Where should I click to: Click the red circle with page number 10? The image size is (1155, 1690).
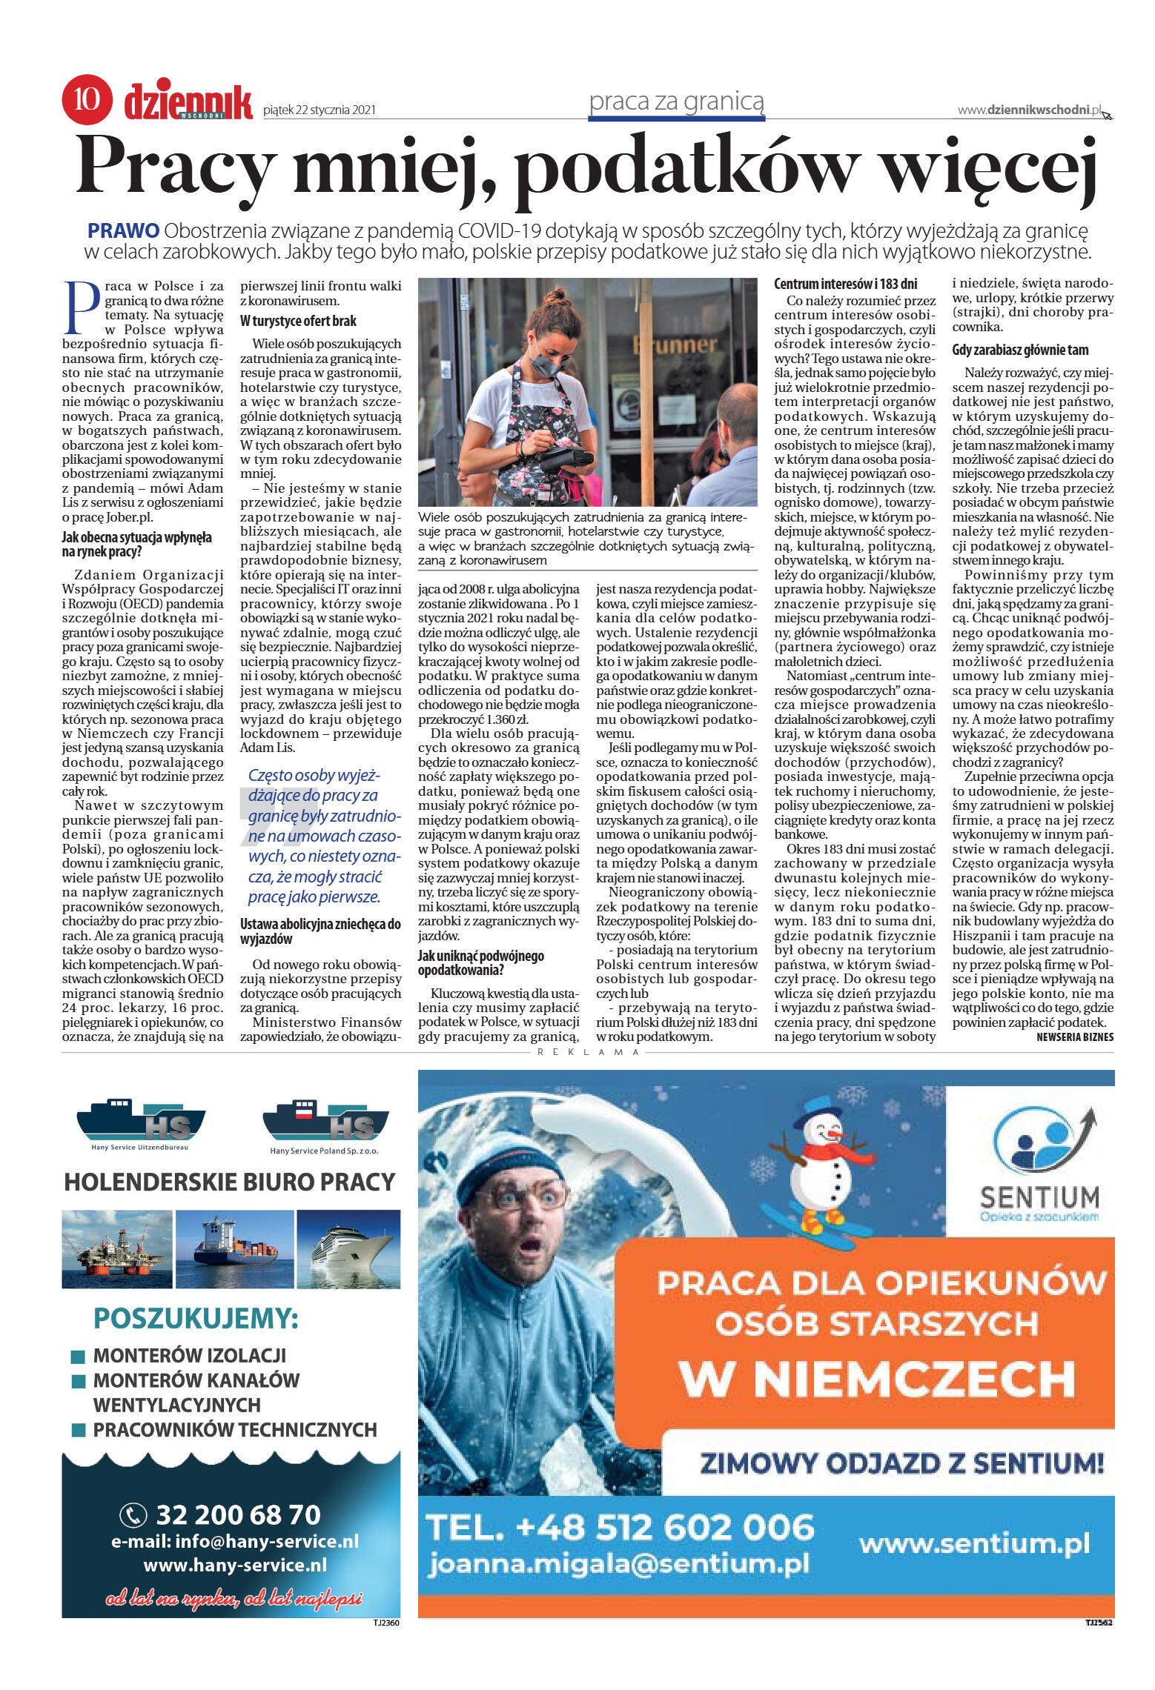click(87, 99)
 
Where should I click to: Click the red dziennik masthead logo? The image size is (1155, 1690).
click(188, 102)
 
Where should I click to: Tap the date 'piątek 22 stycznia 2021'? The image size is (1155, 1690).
click(320, 110)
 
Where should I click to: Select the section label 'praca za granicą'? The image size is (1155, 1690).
click(676, 102)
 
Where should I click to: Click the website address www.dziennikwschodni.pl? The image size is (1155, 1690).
click(1030, 110)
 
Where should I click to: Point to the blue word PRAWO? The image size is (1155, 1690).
click(123, 230)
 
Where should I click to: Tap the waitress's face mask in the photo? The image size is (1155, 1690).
click(550, 363)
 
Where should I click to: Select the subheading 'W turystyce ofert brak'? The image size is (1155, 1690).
click(298, 321)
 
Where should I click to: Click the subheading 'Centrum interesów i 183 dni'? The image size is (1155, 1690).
click(845, 284)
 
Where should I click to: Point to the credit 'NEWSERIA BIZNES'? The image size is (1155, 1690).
click(1074, 1037)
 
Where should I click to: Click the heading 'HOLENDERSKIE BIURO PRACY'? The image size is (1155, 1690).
click(230, 1181)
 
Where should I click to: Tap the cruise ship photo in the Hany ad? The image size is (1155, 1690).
click(348, 1248)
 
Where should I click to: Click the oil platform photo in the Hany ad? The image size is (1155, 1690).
click(117, 1248)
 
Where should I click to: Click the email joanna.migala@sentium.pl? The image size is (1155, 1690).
click(618, 1564)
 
